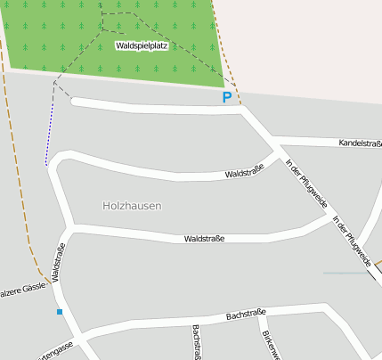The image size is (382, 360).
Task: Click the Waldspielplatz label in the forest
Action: tap(142, 45)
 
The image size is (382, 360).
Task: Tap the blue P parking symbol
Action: tap(227, 97)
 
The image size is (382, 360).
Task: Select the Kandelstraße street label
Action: tap(360, 143)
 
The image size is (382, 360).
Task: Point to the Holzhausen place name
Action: tap(132, 205)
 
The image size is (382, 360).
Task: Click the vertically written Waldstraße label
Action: tap(59, 262)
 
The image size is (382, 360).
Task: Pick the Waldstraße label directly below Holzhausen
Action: tap(204, 239)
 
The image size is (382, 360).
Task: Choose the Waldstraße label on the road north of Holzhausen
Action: tap(245, 171)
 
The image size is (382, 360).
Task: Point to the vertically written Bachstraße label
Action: tap(196, 342)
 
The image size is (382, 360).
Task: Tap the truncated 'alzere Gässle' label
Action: tap(22, 290)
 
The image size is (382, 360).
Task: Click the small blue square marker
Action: tap(60, 312)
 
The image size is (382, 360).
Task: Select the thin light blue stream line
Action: tap(345, 273)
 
